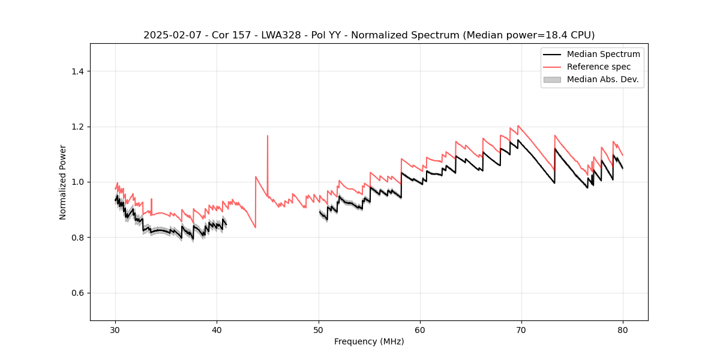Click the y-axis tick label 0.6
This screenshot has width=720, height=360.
coord(77,293)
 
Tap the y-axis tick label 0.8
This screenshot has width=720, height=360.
coord(77,238)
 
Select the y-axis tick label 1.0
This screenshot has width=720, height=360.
coord(77,182)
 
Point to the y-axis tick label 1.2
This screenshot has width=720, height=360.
coord(77,127)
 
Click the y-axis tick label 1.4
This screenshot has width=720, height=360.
coord(77,71)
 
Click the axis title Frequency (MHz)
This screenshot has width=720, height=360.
coord(369,341)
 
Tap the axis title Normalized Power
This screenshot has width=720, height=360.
coord(63,182)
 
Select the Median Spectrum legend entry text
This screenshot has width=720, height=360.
coord(603,54)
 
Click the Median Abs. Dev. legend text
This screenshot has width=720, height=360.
coord(603,79)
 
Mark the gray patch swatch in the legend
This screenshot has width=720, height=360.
coord(552,79)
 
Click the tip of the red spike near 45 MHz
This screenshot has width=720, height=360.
coord(268,136)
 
